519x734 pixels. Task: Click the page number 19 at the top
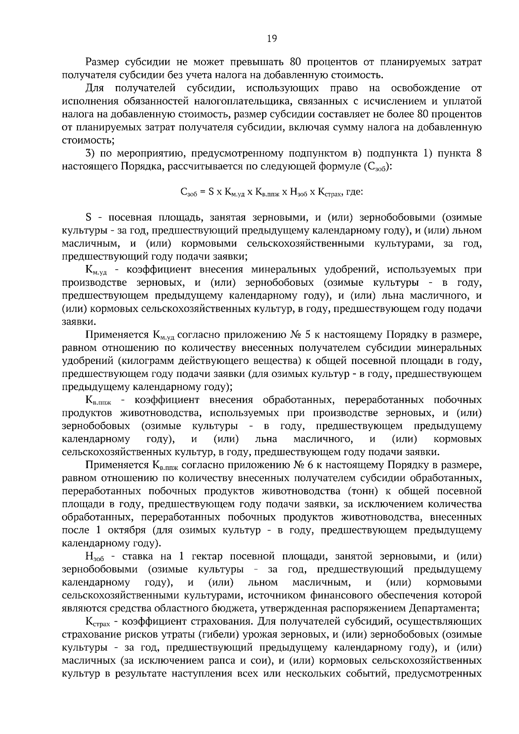[272, 38]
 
